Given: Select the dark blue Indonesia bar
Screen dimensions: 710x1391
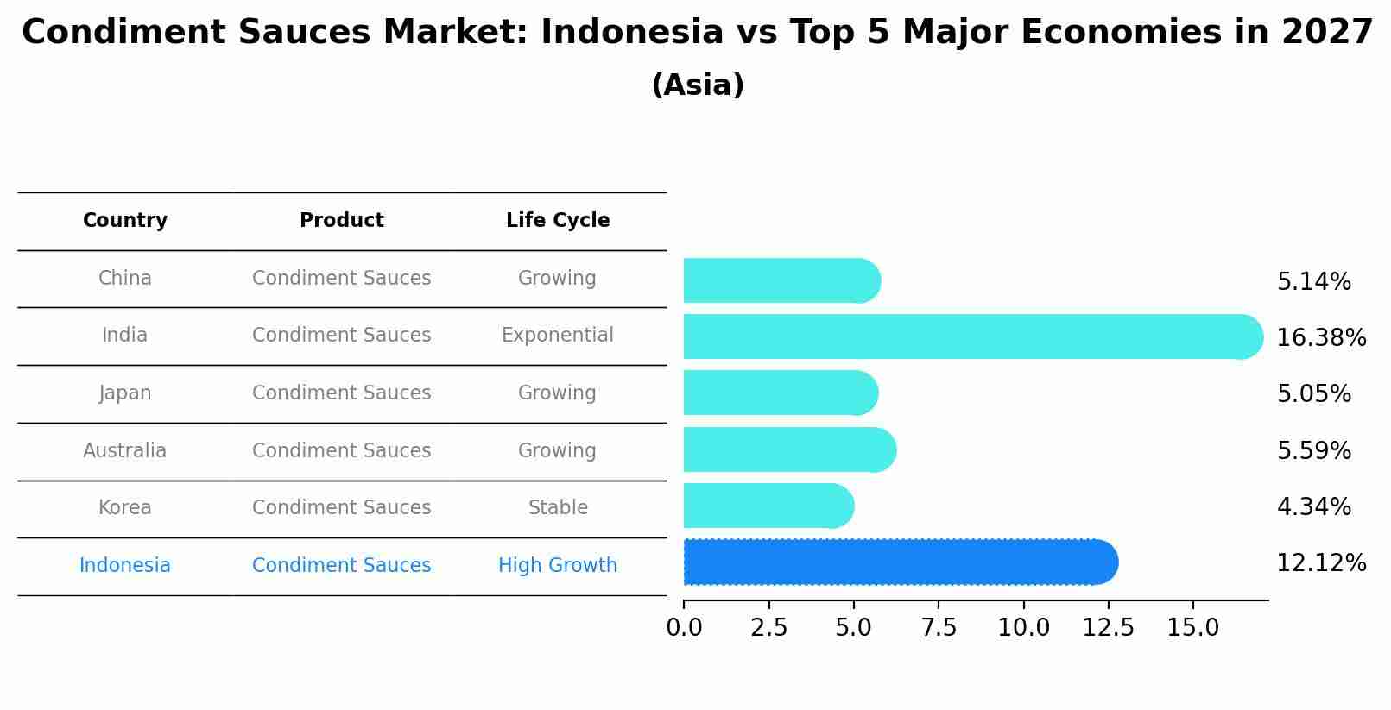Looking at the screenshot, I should click(898, 562).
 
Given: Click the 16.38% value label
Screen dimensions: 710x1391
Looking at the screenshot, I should click(1320, 338).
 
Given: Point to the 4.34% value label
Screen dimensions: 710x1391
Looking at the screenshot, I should click(1313, 507).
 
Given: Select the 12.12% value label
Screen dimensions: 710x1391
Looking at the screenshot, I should click(1320, 563).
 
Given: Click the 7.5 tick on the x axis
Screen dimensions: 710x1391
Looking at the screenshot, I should click(939, 628).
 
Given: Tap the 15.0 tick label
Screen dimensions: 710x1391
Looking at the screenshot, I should click(1192, 628).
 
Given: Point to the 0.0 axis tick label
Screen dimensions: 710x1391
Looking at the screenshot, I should click(684, 628).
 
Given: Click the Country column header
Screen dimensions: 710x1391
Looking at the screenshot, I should click(125, 221).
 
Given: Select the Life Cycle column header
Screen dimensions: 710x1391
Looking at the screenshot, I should click(558, 221).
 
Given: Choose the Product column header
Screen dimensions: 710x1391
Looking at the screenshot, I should click(341, 221).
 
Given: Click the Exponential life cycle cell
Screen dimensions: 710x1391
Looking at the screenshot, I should click(557, 335).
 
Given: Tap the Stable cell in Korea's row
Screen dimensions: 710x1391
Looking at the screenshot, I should click(558, 507).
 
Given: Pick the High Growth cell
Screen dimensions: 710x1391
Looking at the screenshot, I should click(557, 565).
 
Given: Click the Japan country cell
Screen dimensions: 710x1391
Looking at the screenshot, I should click(125, 393).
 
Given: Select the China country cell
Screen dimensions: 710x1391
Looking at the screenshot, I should click(125, 278).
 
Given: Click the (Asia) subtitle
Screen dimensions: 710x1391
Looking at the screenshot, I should click(697, 85).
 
